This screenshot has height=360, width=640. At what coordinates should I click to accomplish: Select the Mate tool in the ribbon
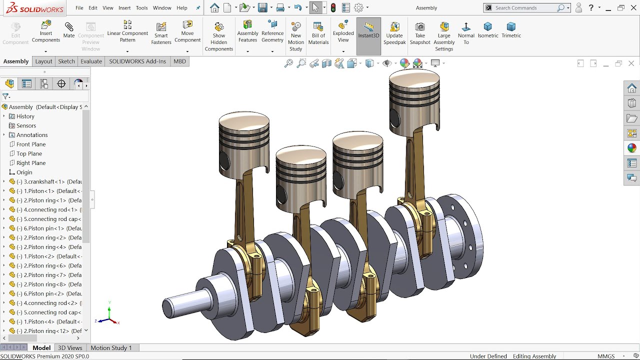tap(69, 30)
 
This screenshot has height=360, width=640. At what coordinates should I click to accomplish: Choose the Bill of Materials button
tap(318, 33)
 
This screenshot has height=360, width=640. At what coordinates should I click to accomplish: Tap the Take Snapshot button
tap(420, 33)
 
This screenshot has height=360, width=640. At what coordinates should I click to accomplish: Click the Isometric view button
tap(488, 30)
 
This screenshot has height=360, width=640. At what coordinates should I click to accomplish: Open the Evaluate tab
tap(91, 61)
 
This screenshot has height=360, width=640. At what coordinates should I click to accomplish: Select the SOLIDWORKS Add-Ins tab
tap(137, 61)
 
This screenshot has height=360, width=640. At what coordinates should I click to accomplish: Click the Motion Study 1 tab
tap(111, 348)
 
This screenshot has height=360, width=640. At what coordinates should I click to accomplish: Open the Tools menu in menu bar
tap(141, 8)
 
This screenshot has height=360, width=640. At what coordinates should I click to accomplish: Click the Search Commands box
tap(525, 8)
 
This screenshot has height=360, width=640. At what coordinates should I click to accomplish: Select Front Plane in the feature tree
tap(31, 144)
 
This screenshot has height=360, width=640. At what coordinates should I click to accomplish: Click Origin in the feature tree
tap(24, 172)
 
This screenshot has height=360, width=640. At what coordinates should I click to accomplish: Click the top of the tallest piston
tap(414, 77)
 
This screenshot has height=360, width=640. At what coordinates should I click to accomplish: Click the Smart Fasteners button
tap(161, 33)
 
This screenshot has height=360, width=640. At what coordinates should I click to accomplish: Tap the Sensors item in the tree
tap(26, 126)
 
